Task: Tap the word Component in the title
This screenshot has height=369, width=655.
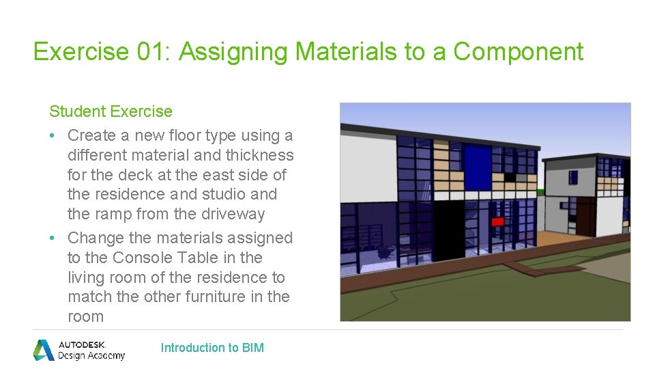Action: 519,51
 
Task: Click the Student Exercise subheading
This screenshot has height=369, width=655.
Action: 111,111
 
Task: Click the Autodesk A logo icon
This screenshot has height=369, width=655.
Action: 44,349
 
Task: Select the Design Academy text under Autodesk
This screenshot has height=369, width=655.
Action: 91,355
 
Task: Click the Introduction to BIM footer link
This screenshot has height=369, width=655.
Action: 212,348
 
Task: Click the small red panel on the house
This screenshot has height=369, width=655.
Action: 497,221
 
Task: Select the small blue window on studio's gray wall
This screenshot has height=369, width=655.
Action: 573,178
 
